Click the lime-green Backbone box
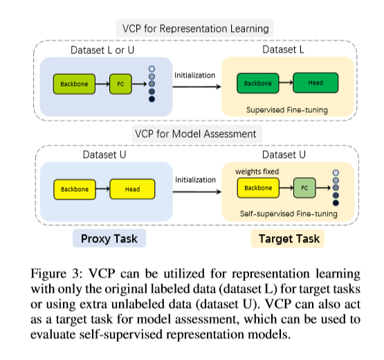coord(74,84)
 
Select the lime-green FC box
coord(120,84)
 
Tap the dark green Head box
coord(316,83)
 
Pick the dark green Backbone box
coord(258,83)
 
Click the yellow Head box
coord(132,189)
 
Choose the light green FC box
coord(304,188)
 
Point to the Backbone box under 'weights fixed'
coord(258,188)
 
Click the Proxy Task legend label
coord(109,238)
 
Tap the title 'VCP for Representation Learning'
coord(195,28)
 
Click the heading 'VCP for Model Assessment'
coord(195,134)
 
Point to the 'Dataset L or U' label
coord(102,50)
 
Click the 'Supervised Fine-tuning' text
coord(287,110)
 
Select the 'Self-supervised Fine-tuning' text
coord(289,214)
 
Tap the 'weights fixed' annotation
coord(257,171)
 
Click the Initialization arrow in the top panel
coord(196,87)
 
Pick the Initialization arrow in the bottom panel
coord(197,192)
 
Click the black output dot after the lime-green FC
coord(152,99)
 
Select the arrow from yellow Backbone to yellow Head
coord(102,189)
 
